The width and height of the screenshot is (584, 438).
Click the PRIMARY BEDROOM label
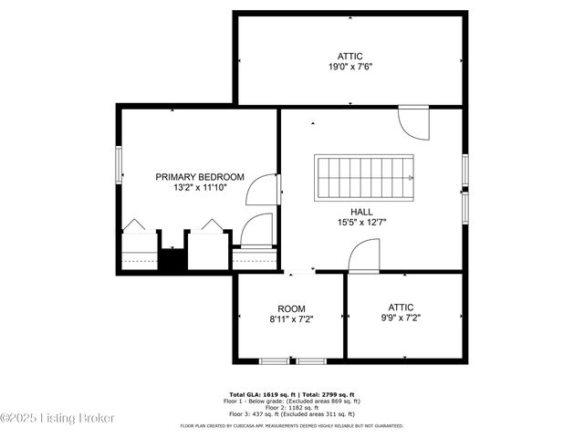point(200,177)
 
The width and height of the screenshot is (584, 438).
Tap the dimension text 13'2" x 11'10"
point(200,188)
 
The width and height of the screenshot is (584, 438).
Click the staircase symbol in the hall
point(364,177)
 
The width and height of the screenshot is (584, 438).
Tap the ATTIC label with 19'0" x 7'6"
point(349,55)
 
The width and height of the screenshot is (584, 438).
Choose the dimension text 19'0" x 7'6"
point(349,67)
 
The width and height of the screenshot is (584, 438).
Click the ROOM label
point(291,308)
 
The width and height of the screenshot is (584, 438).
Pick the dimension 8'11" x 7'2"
point(291,319)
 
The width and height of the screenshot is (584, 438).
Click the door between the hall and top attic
point(413,120)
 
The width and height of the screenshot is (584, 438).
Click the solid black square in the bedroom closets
point(173,258)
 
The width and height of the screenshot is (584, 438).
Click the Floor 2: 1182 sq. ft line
point(291,406)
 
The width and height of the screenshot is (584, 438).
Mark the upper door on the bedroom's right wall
point(265,189)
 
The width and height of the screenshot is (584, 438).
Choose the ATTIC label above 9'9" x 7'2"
point(401,308)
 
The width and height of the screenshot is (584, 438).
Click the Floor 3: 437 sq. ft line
point(291,413)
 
